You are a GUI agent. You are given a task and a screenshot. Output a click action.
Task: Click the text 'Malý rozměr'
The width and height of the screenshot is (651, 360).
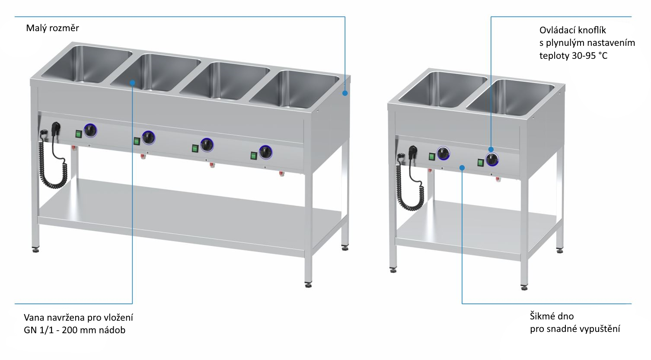click(x=52, y=28)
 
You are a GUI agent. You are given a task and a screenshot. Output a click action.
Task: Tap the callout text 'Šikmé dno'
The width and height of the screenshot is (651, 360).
click(x=552, y=316)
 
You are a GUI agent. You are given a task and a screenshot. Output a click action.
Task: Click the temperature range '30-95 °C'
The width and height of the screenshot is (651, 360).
click(x=590, y=55)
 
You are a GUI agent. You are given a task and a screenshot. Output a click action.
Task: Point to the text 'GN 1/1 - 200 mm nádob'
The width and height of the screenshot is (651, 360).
click(x=74, y=330)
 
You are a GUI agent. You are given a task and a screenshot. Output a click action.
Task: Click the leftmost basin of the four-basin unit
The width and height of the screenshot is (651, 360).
click(x=87, y=64)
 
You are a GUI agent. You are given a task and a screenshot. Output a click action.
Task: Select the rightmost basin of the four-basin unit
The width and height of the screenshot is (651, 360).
click(x=294, y=89)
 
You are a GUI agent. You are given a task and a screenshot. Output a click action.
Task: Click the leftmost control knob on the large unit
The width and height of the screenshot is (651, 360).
click(x=90, y=131)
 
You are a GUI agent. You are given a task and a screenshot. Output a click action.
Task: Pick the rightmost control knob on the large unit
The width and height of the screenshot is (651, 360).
click(x=266, y=152)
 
